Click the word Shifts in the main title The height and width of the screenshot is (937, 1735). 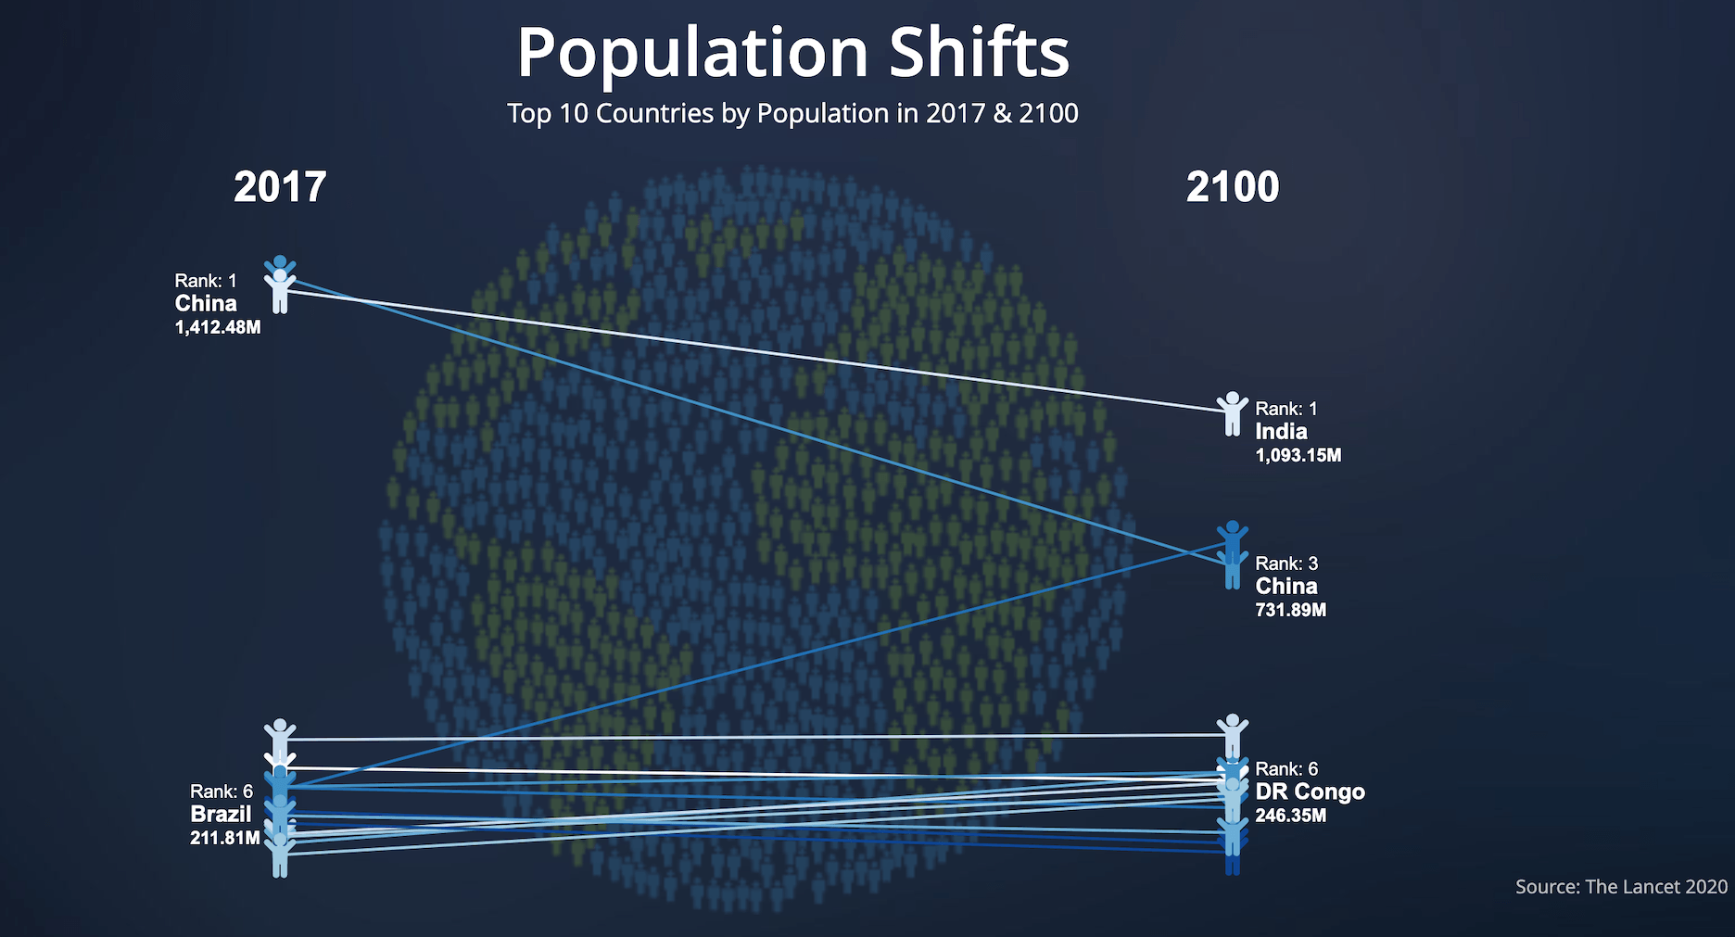[980, 52]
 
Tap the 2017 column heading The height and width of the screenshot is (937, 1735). [280, 187]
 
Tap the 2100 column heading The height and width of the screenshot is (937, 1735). [1233, 187]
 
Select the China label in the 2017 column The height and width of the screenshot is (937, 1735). [206, 303]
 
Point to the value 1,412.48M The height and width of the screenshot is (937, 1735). [218, 327]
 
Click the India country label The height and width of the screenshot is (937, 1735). [1281, 431]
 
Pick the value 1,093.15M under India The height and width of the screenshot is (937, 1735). [1298, 455]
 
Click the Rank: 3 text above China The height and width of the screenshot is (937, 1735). [1286, 563]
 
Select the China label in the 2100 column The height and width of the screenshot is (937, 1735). [1286, 586]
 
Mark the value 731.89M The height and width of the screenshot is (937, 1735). [1291, 610]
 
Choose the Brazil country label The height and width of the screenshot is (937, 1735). [221, 814]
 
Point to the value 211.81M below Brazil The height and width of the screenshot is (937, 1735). [225, 838]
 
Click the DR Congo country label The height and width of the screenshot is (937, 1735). [1311, 791]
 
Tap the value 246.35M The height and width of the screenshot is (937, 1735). [1291, 816]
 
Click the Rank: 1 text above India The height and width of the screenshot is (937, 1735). [1286, 409]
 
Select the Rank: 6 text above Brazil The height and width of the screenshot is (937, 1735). [222, 791]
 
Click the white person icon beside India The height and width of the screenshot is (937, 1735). [1232, 413]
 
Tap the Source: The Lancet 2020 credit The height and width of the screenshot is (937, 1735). [1621, 887]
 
